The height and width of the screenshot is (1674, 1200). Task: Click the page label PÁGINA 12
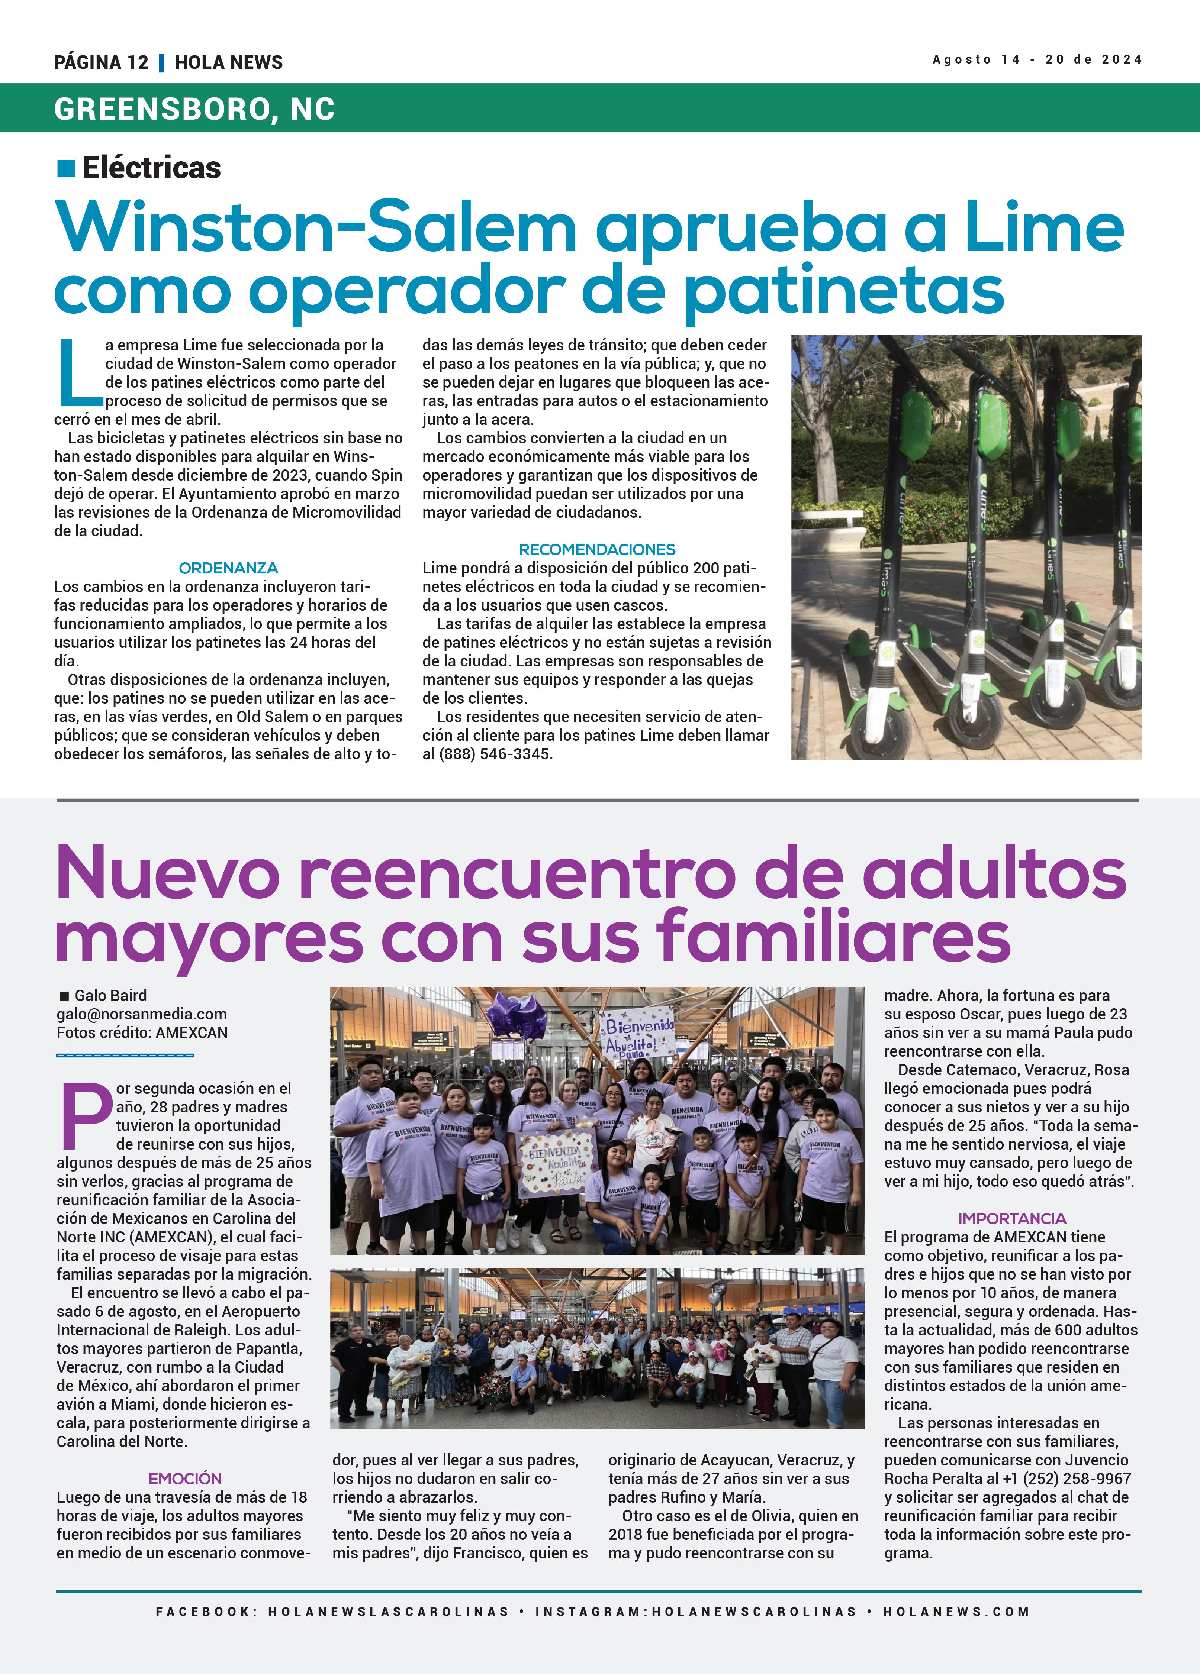(101, 62)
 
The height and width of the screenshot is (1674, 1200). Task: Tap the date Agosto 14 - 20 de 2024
(1037, 60)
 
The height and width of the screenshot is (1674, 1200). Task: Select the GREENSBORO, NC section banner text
(194, 109)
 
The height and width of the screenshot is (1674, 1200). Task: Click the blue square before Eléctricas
(67, 168)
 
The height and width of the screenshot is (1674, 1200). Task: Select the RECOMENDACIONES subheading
(597, 549)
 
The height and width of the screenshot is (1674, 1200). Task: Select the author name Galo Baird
(111, 996)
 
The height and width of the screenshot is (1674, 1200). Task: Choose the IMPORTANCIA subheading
(1012, 1219)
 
